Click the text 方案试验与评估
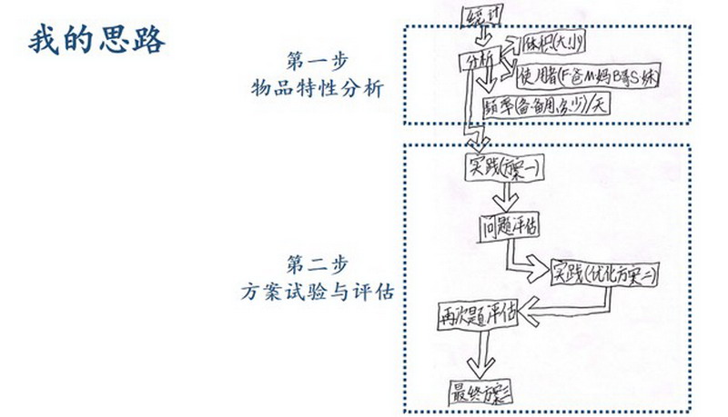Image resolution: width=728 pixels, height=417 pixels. (318, 292)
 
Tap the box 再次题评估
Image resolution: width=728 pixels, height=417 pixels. (476, 314)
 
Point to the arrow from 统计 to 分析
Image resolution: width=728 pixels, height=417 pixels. (483, 36)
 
